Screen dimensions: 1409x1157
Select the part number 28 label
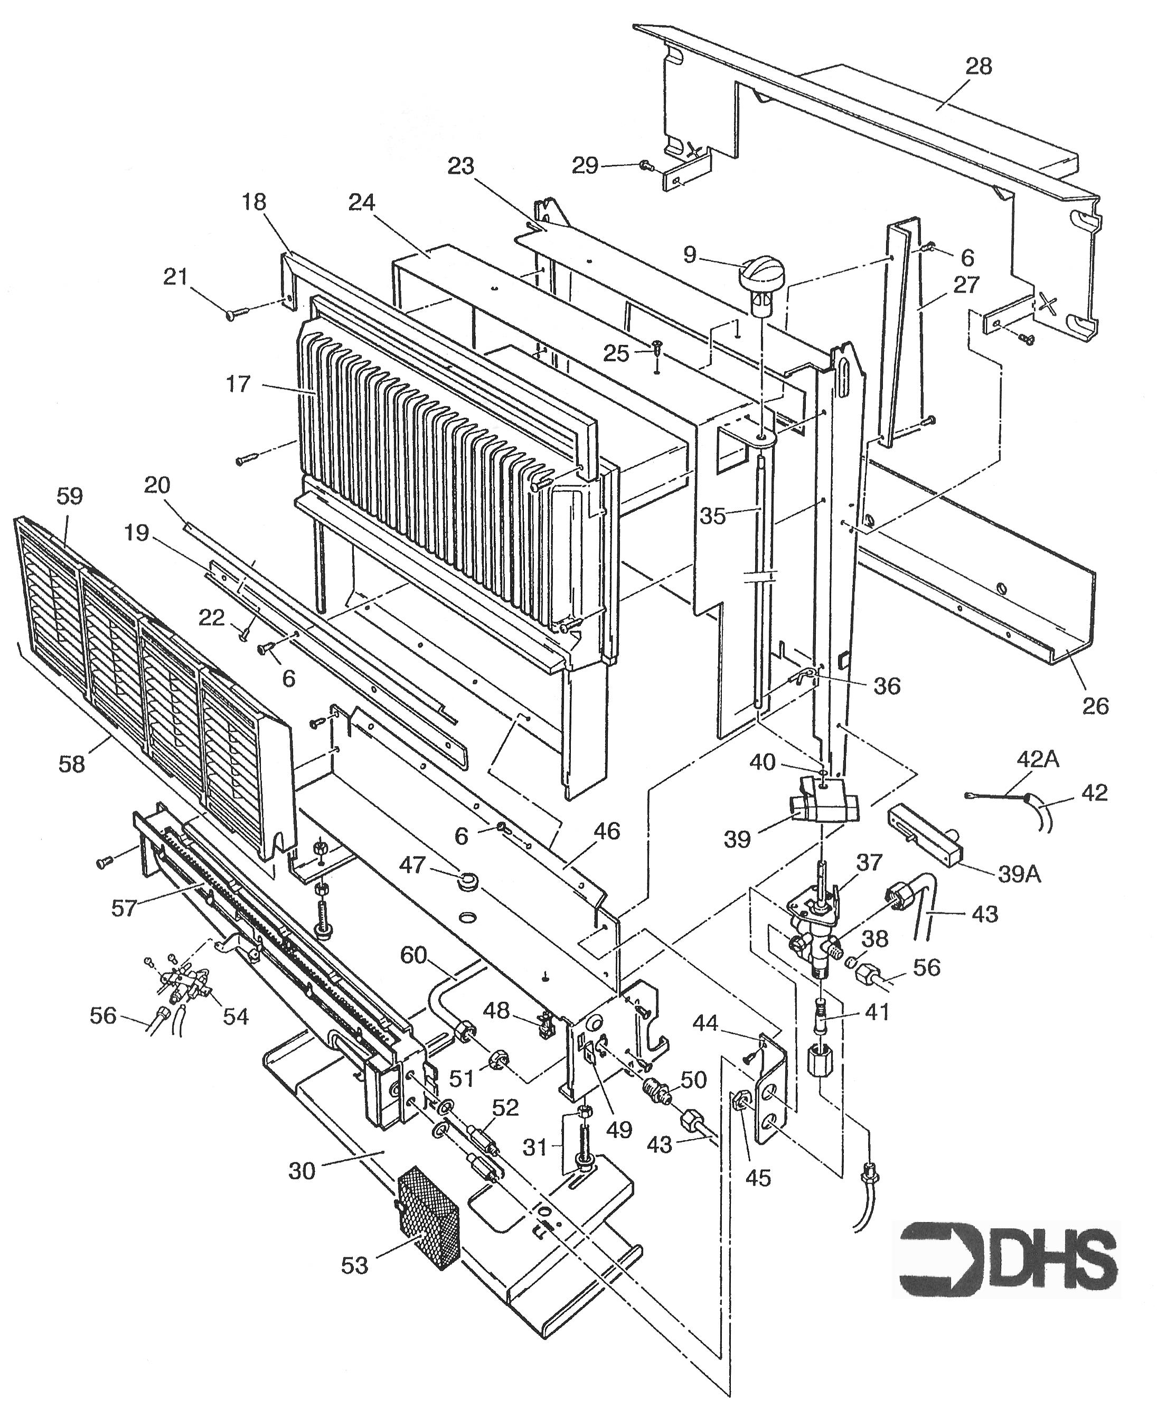(977, 67)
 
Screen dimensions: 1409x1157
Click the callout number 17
(238, 384)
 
